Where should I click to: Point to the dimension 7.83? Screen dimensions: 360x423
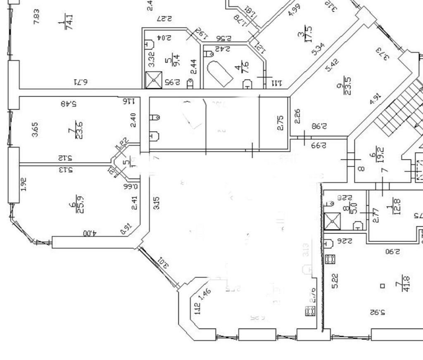(x=37, y=16)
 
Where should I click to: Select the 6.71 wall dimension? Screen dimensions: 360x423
(x=81, y=83)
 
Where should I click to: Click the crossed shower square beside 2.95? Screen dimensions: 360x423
(x=154, y=80)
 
